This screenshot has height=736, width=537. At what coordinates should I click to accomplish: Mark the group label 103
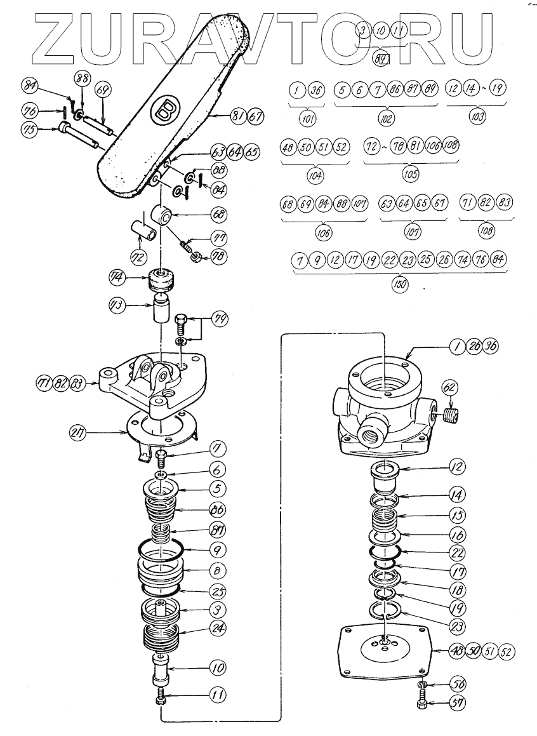(x=477, y=116)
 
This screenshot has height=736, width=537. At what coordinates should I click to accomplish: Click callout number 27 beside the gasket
(x=80, y=435)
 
